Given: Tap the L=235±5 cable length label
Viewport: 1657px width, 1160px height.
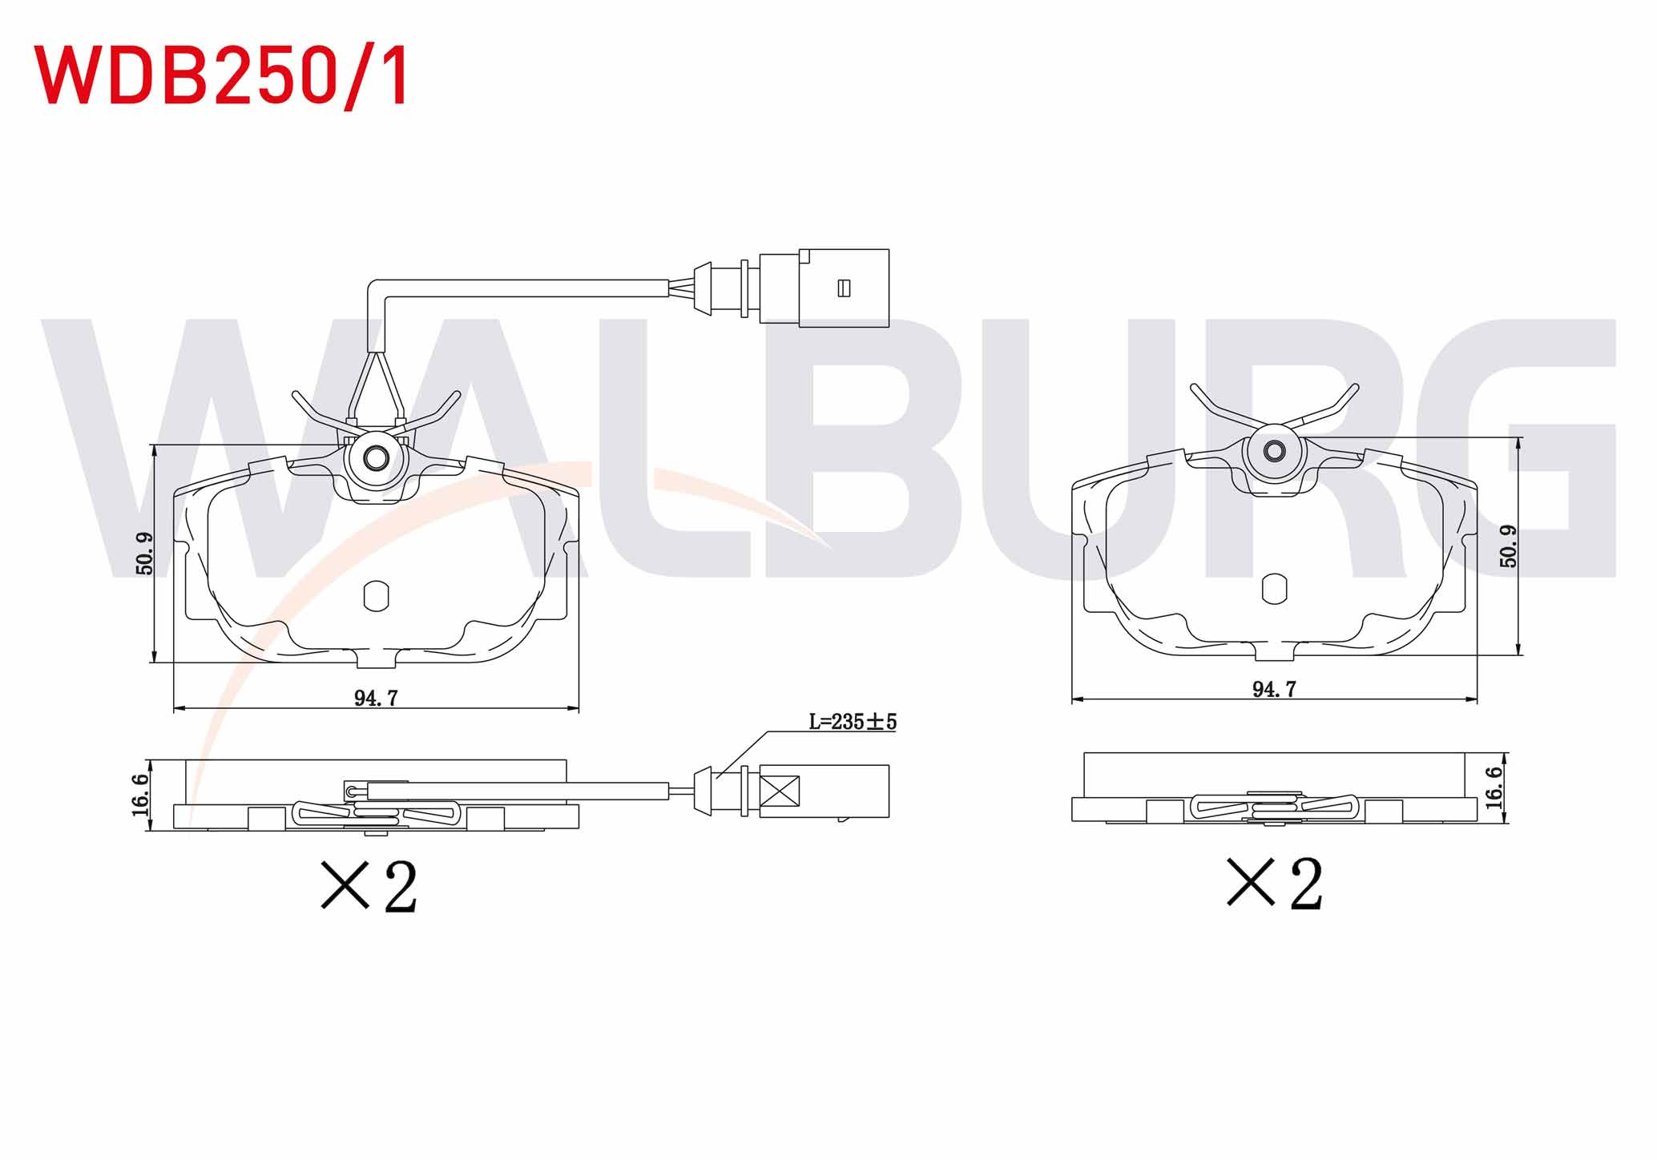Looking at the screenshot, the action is pos(853,722).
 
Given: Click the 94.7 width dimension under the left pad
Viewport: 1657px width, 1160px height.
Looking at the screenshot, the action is pos(376,698).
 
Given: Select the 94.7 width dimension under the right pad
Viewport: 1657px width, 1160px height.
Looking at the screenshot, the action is pos(1274,689).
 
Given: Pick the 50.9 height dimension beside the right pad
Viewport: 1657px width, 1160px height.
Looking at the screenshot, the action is pos(1508,546).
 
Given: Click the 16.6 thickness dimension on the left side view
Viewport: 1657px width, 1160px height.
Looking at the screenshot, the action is pos(140,795).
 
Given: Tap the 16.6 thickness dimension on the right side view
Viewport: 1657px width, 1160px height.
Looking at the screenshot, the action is pos(1494,787).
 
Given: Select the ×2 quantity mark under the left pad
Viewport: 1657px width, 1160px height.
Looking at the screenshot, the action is pos(369,885).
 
